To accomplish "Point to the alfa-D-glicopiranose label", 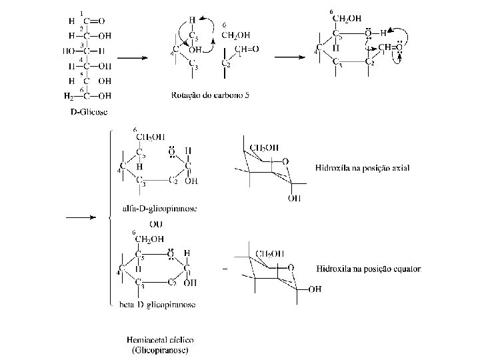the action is point(159,209).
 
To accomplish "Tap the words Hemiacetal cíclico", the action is point(159,341).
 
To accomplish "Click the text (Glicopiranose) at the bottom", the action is point(159,350).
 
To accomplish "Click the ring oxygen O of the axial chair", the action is point(285,161).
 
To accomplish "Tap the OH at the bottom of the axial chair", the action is point(295,198).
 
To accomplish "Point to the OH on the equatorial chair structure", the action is point(315,289).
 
